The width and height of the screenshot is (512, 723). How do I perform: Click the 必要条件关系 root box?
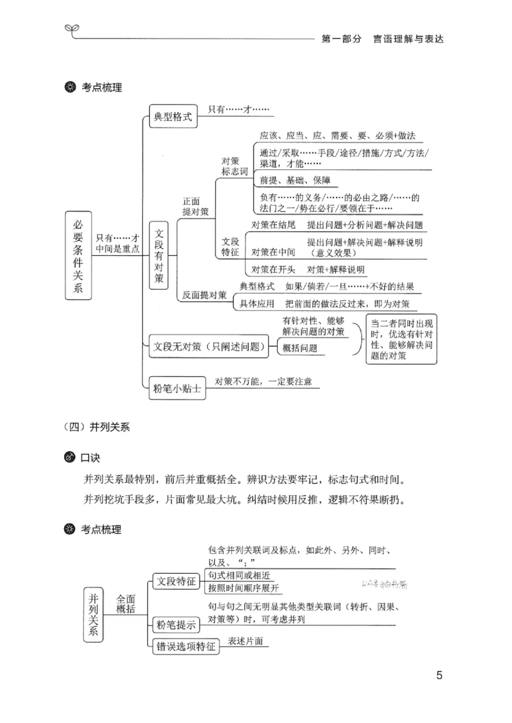pos(78,256)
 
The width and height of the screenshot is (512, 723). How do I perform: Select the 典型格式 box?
pos(173,117)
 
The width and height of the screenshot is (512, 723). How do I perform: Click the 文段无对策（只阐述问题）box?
pos(210,347)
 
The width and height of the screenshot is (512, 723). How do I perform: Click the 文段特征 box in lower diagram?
pos(177,581)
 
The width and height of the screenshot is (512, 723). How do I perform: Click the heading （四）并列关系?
pos(97,427)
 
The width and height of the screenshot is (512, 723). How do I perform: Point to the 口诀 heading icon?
pos(69,459)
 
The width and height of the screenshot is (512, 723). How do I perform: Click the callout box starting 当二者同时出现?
pos(403,339)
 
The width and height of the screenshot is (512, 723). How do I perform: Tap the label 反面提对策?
pos(204,295)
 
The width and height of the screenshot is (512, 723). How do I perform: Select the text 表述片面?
pos(245,641)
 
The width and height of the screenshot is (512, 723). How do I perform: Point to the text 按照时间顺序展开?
pos(244,588)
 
